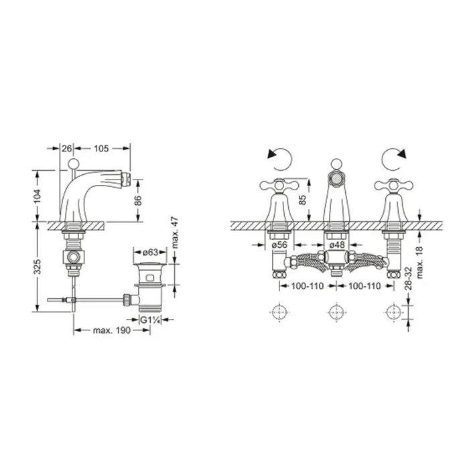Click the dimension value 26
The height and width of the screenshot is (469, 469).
pyautogui.click(x=67, y=148)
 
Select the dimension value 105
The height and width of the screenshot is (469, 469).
pyautogui.click(x=101, y=148)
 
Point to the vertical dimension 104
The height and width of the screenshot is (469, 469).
pyautogui.click(x=37, y=196)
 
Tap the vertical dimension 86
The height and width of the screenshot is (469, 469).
pyautogui.click(x=138, y=200)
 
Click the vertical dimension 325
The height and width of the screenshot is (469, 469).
pyautogui.click(x=37, y=267)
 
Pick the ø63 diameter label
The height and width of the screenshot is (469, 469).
pyautogui.click(x=150, y=253)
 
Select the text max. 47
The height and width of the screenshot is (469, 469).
pyautogui.click(x=176, y=233)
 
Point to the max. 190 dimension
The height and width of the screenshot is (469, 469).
pyautogui.click(x=112, y=330)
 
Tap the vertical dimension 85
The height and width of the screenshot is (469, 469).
pyautogui.click(x=302, y=200)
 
